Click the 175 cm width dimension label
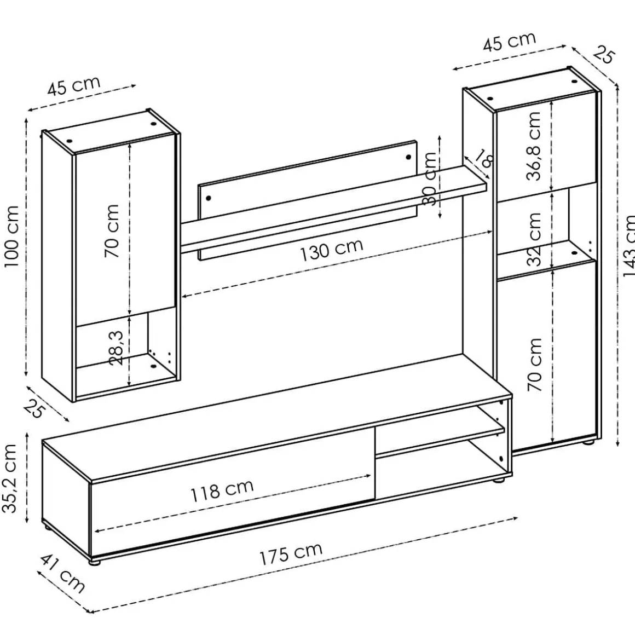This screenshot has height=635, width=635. (291, 553)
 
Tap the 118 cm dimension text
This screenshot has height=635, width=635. (222, 490)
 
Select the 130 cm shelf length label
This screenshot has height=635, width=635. (331, 250)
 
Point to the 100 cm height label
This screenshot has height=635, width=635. (11, 236)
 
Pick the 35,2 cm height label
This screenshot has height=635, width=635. (10, 478)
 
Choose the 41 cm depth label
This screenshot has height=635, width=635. (62, 574)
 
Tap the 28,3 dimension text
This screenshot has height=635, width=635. (116, 348)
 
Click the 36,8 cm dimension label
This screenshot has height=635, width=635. (534, 146)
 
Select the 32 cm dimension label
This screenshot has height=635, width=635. (534, 239)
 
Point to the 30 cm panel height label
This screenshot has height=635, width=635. (430, 178)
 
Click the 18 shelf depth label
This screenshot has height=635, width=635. (484, 158)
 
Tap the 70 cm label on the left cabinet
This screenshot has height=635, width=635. (112, 231)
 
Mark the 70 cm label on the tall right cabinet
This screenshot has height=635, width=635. (535, 365)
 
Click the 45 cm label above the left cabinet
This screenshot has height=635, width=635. (74, 86)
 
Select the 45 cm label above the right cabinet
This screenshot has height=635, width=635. (510, 41)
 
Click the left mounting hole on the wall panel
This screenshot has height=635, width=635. (209, 198)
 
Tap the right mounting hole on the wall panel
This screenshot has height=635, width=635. (408, 157)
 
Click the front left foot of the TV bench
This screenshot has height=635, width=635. (94, 562)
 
